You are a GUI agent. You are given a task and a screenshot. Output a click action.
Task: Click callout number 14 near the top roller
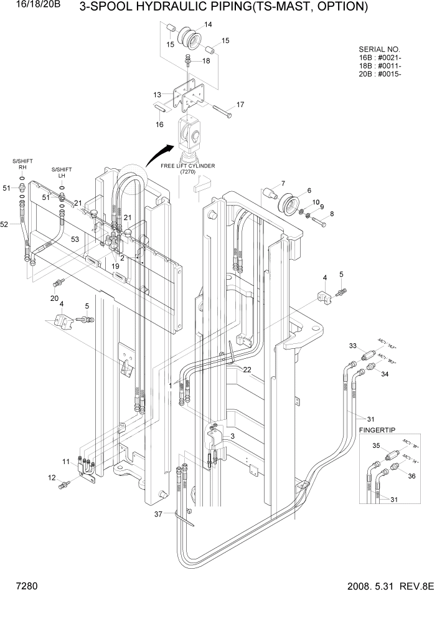click(x=208, y=24)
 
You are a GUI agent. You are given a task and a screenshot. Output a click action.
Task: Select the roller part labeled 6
click(x=290, y=204)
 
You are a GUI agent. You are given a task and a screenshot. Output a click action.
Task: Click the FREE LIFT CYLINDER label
click(x=187, y=166)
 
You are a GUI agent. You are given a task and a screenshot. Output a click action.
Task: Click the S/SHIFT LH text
click(x=62, y=172)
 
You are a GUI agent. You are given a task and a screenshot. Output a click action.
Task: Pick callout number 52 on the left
click(x=4, y=224)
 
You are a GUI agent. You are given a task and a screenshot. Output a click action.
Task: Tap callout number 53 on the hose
click(x=75, y=239)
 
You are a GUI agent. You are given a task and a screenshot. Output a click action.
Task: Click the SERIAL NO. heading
click(x=380, y=49)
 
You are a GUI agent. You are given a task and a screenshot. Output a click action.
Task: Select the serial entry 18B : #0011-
click(x=380, y=66)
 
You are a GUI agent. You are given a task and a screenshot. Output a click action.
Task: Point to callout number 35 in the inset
click(x=376, y=445)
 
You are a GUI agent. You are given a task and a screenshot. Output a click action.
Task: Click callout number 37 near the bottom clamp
click(x=159, y=514)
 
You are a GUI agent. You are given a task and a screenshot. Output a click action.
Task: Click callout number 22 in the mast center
click(x=247, y=369)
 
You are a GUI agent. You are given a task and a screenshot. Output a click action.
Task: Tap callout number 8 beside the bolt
click(x=331, y=214)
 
